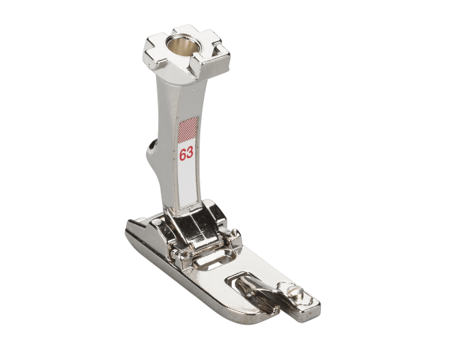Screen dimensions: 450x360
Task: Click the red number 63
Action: point(186,154)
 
